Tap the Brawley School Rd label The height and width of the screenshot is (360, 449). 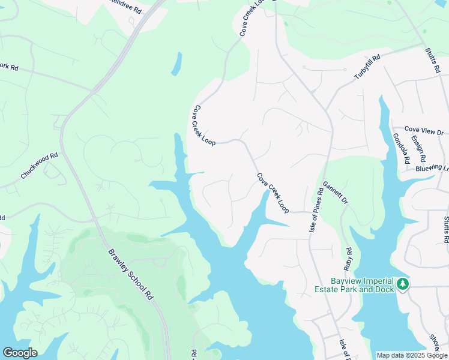[128, 275]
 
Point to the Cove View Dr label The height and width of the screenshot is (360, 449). [423, 130]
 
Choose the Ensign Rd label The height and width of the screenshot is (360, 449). [418, 149]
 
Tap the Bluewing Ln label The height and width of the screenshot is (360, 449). [432, 169]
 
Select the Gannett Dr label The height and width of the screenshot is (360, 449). [335, 191]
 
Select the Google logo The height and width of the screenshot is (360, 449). [20, 353]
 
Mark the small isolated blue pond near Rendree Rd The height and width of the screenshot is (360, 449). [176, 64]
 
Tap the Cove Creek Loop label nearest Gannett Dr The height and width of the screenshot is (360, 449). [273, 193]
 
